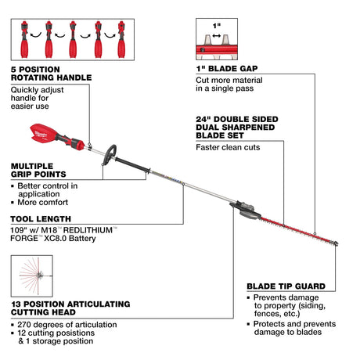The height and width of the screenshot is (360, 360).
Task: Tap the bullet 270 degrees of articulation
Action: (x=63, y=323)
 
